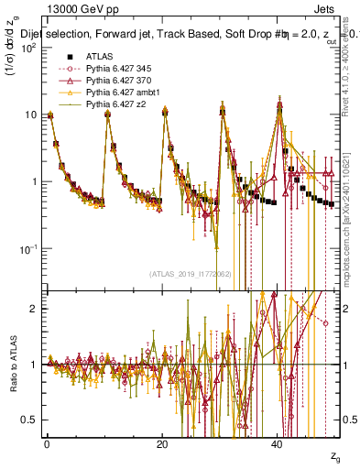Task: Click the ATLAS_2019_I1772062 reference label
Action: tap(183, 273)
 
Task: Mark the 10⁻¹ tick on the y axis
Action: tap(27, 248)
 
